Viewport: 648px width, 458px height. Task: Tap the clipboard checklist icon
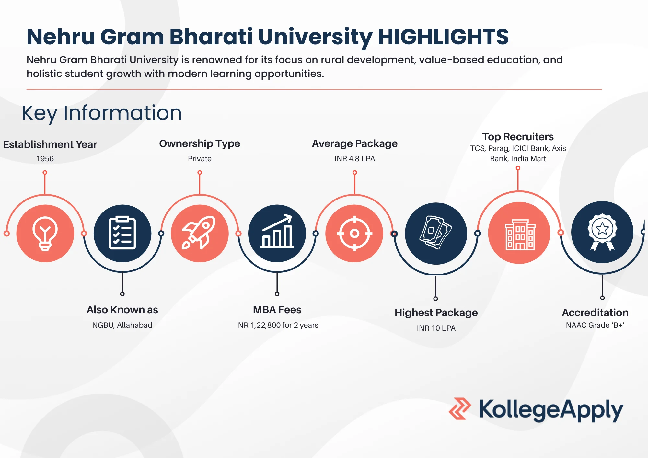click(122, 233)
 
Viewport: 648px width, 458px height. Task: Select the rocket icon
click(199, 233)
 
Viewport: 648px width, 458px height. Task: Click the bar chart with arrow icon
click(277, 231)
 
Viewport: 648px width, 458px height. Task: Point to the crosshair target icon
click(354, 233)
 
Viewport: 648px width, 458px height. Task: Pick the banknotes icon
click(436, 233)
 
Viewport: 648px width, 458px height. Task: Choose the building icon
click(520, 235)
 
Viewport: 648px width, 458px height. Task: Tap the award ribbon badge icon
click(602, 232)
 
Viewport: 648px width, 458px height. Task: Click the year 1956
click(45, 159)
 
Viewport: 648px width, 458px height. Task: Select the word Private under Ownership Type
click(200, 159)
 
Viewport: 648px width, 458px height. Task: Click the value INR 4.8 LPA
click(355, 159)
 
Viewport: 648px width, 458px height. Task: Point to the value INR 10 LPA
click(436, 328)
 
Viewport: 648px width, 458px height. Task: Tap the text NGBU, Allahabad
click(122, 325)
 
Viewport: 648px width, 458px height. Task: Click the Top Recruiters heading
click(518, 137)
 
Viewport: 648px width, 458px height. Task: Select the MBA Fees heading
click(277, 310)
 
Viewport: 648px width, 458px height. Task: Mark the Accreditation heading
click(595, 313)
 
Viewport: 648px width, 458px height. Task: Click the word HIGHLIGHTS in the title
click(443, 37)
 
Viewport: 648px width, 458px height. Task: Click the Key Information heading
click(102, 113)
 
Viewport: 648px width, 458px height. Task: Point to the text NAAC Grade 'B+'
click(595, 325)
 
